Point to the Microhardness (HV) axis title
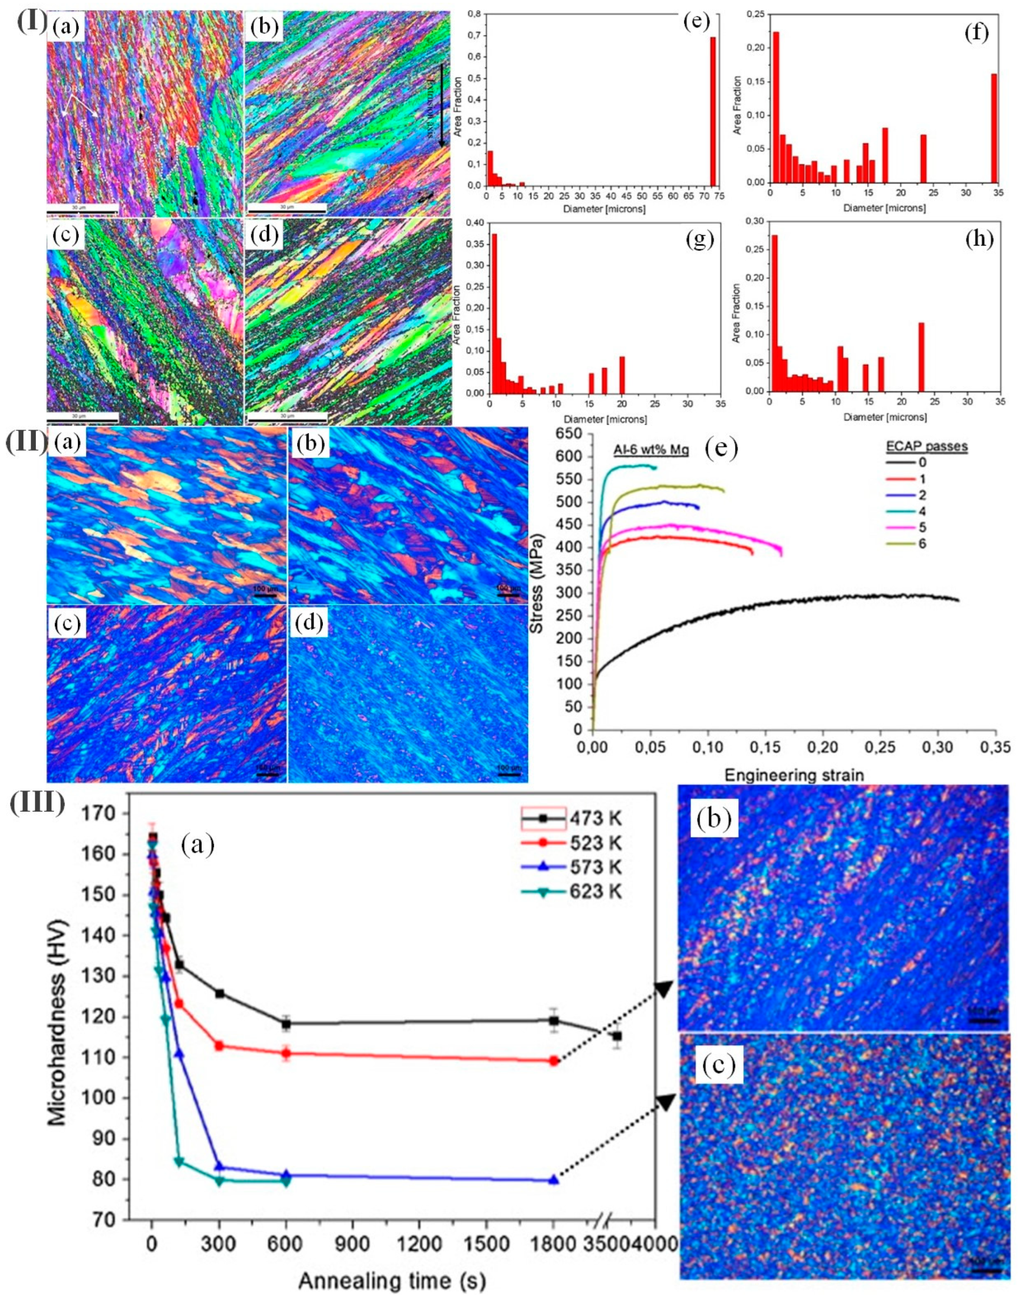(58, 1023)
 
